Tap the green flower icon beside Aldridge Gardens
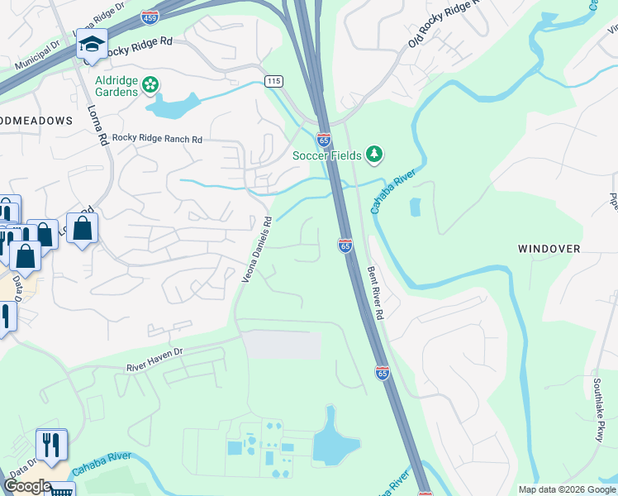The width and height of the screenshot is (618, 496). point(150,83)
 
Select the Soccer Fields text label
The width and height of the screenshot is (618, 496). point(328,155)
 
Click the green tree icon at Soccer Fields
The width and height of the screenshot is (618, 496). point(375,154)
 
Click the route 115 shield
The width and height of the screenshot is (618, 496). point(274,81)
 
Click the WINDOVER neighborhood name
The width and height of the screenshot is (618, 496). point(549,248)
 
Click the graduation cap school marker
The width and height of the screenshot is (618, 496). point(92,44)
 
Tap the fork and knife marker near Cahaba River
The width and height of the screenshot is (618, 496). point(51,445)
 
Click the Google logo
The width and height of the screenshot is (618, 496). point(27,486)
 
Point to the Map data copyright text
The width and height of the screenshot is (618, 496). point(567,489)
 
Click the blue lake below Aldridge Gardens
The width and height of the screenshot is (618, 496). point(173,104)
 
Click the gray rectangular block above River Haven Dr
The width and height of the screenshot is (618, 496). point(283,345)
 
